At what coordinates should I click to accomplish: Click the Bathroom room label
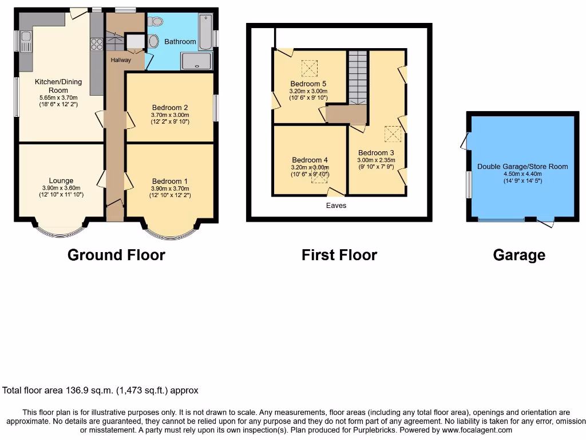180,42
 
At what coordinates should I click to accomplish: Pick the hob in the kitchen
96,44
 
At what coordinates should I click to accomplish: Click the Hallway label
121,60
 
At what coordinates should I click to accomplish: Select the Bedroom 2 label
170,108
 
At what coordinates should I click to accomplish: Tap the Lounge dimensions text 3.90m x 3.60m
61,188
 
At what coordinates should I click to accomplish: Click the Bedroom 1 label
170,181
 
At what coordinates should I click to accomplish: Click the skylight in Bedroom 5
309,69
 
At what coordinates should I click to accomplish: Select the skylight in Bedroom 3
392,134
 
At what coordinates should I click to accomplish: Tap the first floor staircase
357,77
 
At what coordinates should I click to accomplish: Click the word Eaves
335,205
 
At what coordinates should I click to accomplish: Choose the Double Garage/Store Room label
522,167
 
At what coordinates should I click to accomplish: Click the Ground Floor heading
116,255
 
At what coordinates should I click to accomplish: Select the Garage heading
519,255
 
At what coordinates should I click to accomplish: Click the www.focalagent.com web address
476,430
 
